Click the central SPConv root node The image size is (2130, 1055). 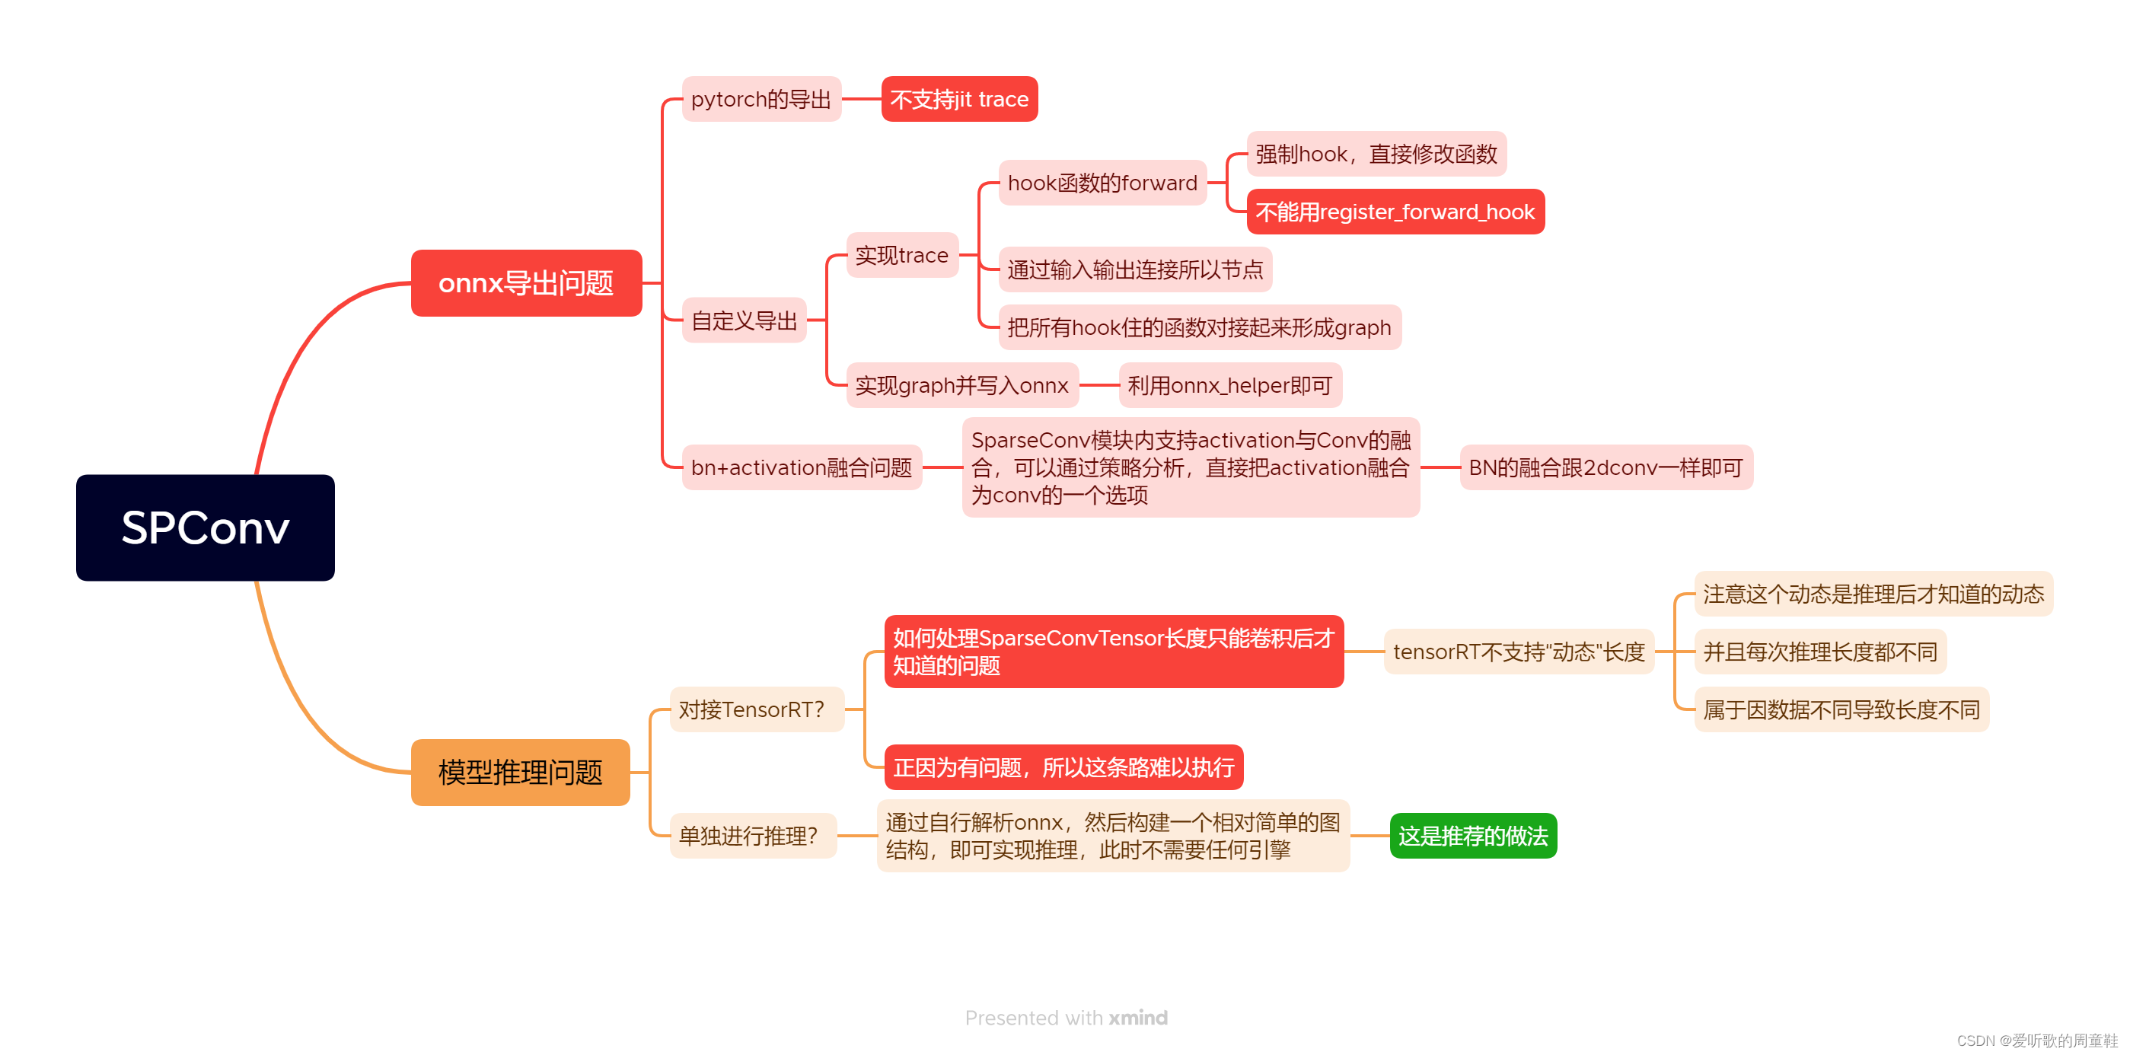tap(205, 527)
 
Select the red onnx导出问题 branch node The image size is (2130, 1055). tap(526, 282)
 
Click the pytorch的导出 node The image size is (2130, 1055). tap(760, 99)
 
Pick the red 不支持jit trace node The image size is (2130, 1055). tap(959, 99)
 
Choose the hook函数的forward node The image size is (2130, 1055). tap(1102, 183)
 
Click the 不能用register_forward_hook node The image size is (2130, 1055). tap(1394, 212)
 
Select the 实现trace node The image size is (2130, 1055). tap(901, 255)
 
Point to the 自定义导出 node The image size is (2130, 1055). tap(743, 320)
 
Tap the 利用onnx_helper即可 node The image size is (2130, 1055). tap(1229, 385)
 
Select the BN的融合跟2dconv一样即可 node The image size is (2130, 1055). tap(1605, 467)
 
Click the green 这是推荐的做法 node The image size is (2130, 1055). tap(1472, 835)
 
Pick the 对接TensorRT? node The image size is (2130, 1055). tap(751, 709)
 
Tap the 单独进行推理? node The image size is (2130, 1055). tap(748, 835)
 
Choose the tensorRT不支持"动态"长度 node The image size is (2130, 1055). tap(1518, 652)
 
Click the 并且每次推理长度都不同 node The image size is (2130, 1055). tap(1819, 652)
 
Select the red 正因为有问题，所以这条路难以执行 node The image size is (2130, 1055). tap(1063, 767)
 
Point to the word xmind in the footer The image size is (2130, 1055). tap(1138, 1017)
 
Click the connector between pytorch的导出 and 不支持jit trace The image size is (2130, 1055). tap(861, 99)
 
